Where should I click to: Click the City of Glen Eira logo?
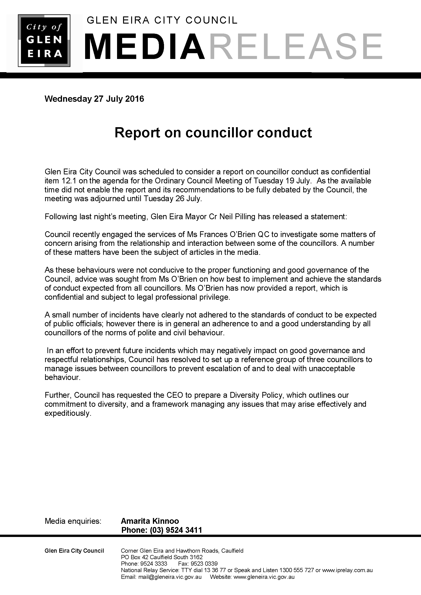pos(44,40)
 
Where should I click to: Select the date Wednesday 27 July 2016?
pos(94,99)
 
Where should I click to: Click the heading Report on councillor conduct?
pos(213,133)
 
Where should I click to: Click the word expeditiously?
pos(68,413)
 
